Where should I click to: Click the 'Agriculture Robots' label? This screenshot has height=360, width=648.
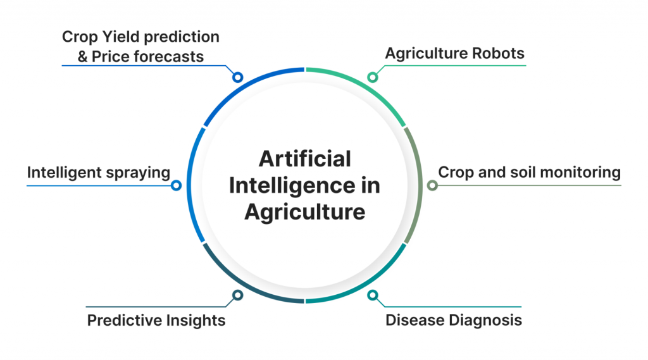click(454, 53)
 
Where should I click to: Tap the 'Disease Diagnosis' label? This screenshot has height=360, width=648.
click(453, 320)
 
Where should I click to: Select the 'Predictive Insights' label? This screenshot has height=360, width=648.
click(156, 320)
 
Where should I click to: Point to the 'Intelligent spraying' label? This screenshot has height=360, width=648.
click(98, 173)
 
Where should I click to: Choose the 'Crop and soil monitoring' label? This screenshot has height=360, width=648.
click(530, 172)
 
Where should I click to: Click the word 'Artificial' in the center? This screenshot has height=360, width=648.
click(305, 159)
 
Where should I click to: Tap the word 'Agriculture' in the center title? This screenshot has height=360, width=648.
click(305, 213)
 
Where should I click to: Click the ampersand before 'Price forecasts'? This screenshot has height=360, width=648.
click(83, 56)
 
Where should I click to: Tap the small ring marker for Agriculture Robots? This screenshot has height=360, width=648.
click(372, 77)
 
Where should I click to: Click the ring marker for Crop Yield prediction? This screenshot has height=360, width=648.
click(237, 77)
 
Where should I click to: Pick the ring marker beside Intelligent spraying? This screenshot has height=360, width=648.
click(176, 185)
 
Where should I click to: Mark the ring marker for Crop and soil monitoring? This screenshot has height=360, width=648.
click(432, 185)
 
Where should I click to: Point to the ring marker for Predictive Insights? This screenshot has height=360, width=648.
click(237, 295)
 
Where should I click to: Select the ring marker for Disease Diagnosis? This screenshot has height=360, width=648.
click(372, 295)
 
